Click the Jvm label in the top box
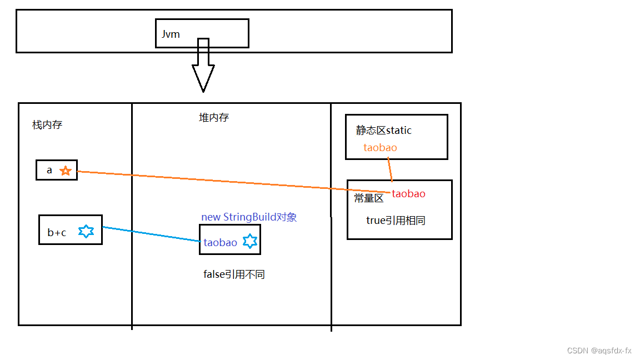coord(171,34)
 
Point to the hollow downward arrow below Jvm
coord(203,69)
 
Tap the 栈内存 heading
coord(47,125)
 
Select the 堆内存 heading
coord(214,118)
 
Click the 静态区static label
coord(384,131)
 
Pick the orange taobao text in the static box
coord(381,148)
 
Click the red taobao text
coord(409,194)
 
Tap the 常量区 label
coord(369,198)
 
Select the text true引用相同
coord(396,221)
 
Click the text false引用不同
coord(234,274)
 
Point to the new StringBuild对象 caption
coord(249,217)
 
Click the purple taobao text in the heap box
coord(221,243)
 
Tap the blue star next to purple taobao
coord(251,242)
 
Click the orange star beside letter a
coord(66,171)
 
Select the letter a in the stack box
coord(49,171)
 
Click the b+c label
coord(57,233)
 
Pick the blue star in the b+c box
coord(86,232)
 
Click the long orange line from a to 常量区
coord(233,182)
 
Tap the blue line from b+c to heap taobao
coord(150,234)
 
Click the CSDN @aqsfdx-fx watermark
coord(599,351)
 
